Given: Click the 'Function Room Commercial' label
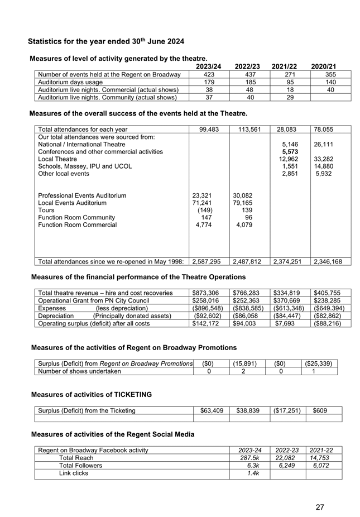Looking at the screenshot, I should point(77,225).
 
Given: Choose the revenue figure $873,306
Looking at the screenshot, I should point(208,293).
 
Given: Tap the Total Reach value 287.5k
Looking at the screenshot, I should point(248,458).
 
